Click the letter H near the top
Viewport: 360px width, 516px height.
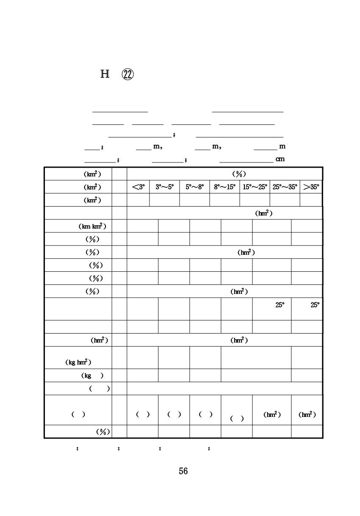[105, 75]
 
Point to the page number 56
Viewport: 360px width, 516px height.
[183, 471]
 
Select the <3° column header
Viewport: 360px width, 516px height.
[138, 187]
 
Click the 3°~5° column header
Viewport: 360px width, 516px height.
[165, 187]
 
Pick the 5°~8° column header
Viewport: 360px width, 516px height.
[194, 187]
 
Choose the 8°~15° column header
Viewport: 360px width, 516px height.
[224, 187]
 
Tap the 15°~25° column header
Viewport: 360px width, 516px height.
[255, 187]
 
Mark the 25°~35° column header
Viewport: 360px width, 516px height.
[285, 187]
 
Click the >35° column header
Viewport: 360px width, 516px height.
[311, 187]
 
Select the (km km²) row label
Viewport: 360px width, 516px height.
[92, 226]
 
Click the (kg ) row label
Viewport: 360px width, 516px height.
[92, 375]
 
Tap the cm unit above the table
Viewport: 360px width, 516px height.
[280, 159]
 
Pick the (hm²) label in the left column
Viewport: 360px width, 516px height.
[100, 340]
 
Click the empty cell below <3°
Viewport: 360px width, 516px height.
[138, 200]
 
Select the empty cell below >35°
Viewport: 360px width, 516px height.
[311, 200]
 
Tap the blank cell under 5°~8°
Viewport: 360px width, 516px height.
[194, 200]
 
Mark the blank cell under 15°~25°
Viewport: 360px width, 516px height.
[255, 200]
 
